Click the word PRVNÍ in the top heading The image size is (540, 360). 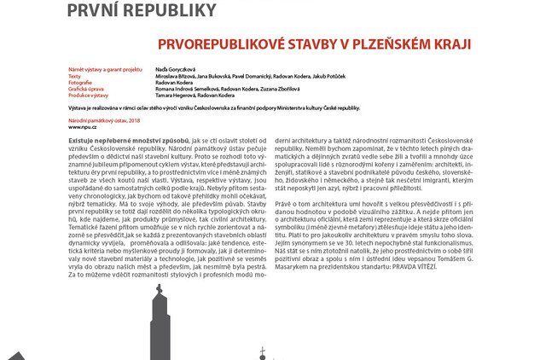point(93,11)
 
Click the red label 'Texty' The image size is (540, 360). point(75,75)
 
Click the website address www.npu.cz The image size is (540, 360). point(81,126)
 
